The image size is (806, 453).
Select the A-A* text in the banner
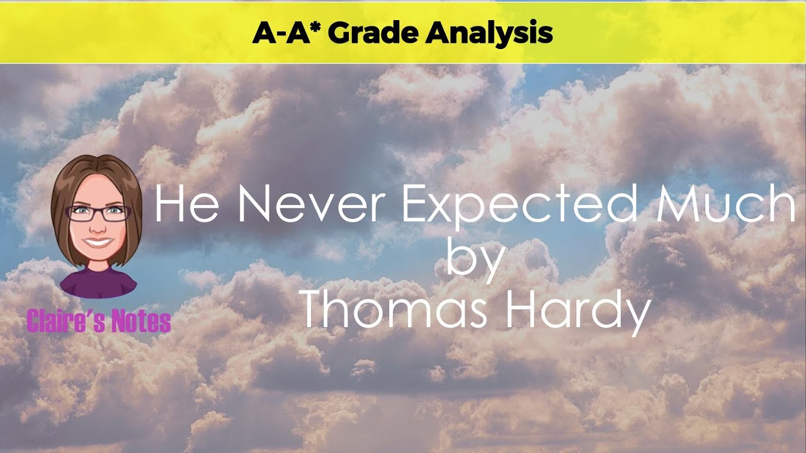[287, 33]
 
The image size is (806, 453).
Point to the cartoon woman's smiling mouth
[98, 241]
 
